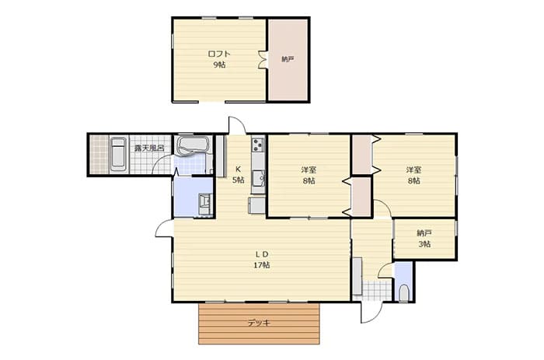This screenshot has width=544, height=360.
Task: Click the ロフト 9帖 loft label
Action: pos(219,59)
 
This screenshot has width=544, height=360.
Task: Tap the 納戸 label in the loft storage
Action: pos(288,59)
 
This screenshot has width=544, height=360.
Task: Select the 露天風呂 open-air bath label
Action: pos(149,148)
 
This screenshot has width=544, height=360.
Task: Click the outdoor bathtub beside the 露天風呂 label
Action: pos(118,155)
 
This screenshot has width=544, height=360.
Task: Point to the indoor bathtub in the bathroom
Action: pos(192,145)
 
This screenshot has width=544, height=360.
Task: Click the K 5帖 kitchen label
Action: pos(238,175)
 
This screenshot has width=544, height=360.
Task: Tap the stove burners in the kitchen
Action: pos(259,145)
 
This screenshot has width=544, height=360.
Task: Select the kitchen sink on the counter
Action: pos(259,179)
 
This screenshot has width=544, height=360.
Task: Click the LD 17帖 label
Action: pos(262,260)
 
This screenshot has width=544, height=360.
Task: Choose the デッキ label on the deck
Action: pos(259,323)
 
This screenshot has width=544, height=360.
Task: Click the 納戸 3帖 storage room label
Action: pos(424,239)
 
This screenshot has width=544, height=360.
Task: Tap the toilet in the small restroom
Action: pos(404,293)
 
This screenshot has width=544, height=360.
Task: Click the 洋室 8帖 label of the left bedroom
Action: pos(309,175)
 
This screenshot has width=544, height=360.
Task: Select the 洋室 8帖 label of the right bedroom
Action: pos(414,175)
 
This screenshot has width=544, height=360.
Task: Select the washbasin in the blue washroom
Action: pos(204,204)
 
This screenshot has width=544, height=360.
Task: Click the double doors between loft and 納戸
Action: pos(263,60)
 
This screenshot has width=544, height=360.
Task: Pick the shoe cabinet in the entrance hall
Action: pos(357,276)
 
